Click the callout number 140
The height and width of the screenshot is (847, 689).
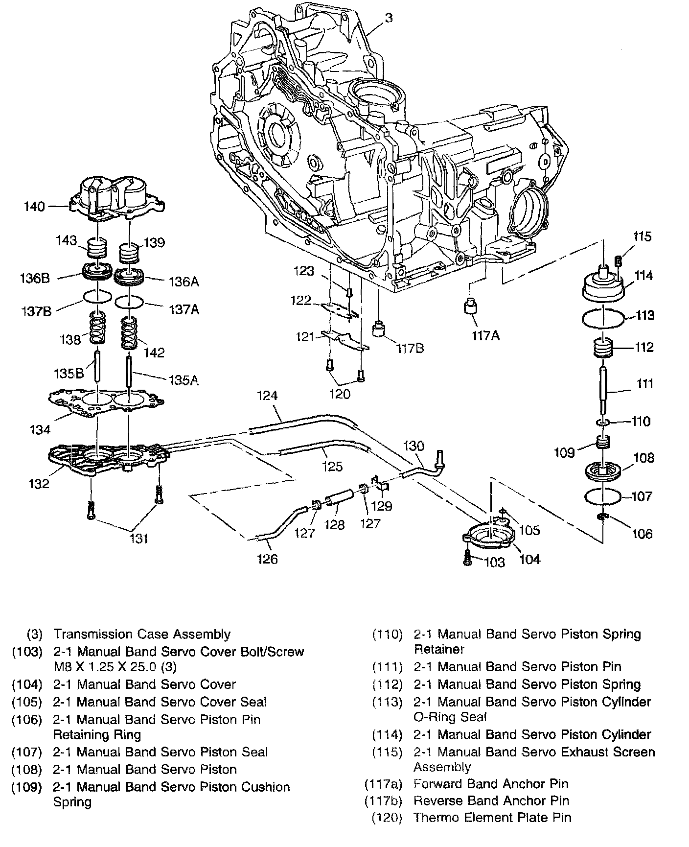pos(34,207)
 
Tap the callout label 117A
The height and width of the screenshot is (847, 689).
pos(486,336)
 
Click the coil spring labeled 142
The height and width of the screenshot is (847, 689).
pos(130,333)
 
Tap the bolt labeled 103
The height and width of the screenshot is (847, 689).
pos(468,558)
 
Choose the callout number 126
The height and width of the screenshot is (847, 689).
pos(267,559)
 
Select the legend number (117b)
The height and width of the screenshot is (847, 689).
pos(383,800)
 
